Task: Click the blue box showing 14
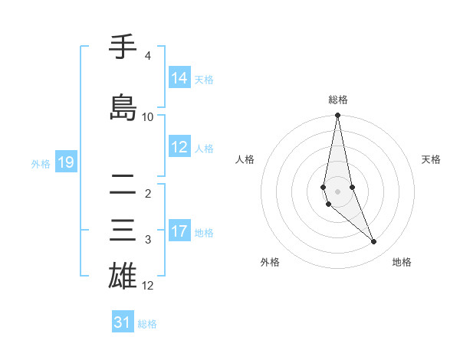tap(179, 78)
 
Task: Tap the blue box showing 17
tap(179, 231)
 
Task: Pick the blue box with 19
tap(65, 162)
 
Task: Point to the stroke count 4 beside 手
tap(147, 56)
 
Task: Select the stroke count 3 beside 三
tap(147, 240)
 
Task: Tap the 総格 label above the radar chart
tap(337, 100)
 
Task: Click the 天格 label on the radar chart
tap(431, 159)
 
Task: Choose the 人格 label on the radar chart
tap(245, 159)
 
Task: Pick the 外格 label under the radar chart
tap(270, 262)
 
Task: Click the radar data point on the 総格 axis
tap(337, 115)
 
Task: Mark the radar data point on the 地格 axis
tap(373, 241)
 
